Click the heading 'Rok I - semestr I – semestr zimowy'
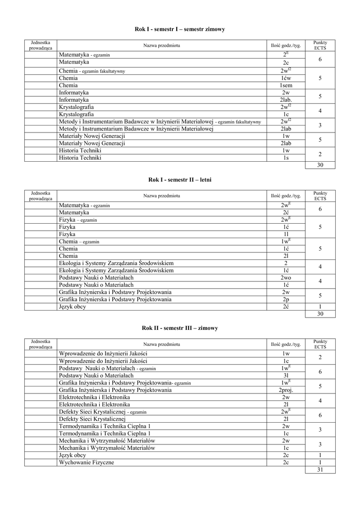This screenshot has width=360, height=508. [x=180, y=30]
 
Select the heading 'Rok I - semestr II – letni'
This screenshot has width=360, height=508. [x=180, y=180]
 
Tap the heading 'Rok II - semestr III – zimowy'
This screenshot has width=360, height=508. [x=180, y=328]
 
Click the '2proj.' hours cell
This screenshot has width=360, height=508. [x=286, y=390]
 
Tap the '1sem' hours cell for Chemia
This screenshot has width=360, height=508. [x=286, y=85]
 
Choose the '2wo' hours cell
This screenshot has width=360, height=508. [x=286, y=278]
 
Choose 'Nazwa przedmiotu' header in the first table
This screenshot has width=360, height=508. [x=161, y=46]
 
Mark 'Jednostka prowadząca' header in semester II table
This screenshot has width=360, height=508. [x=41, y=195]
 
